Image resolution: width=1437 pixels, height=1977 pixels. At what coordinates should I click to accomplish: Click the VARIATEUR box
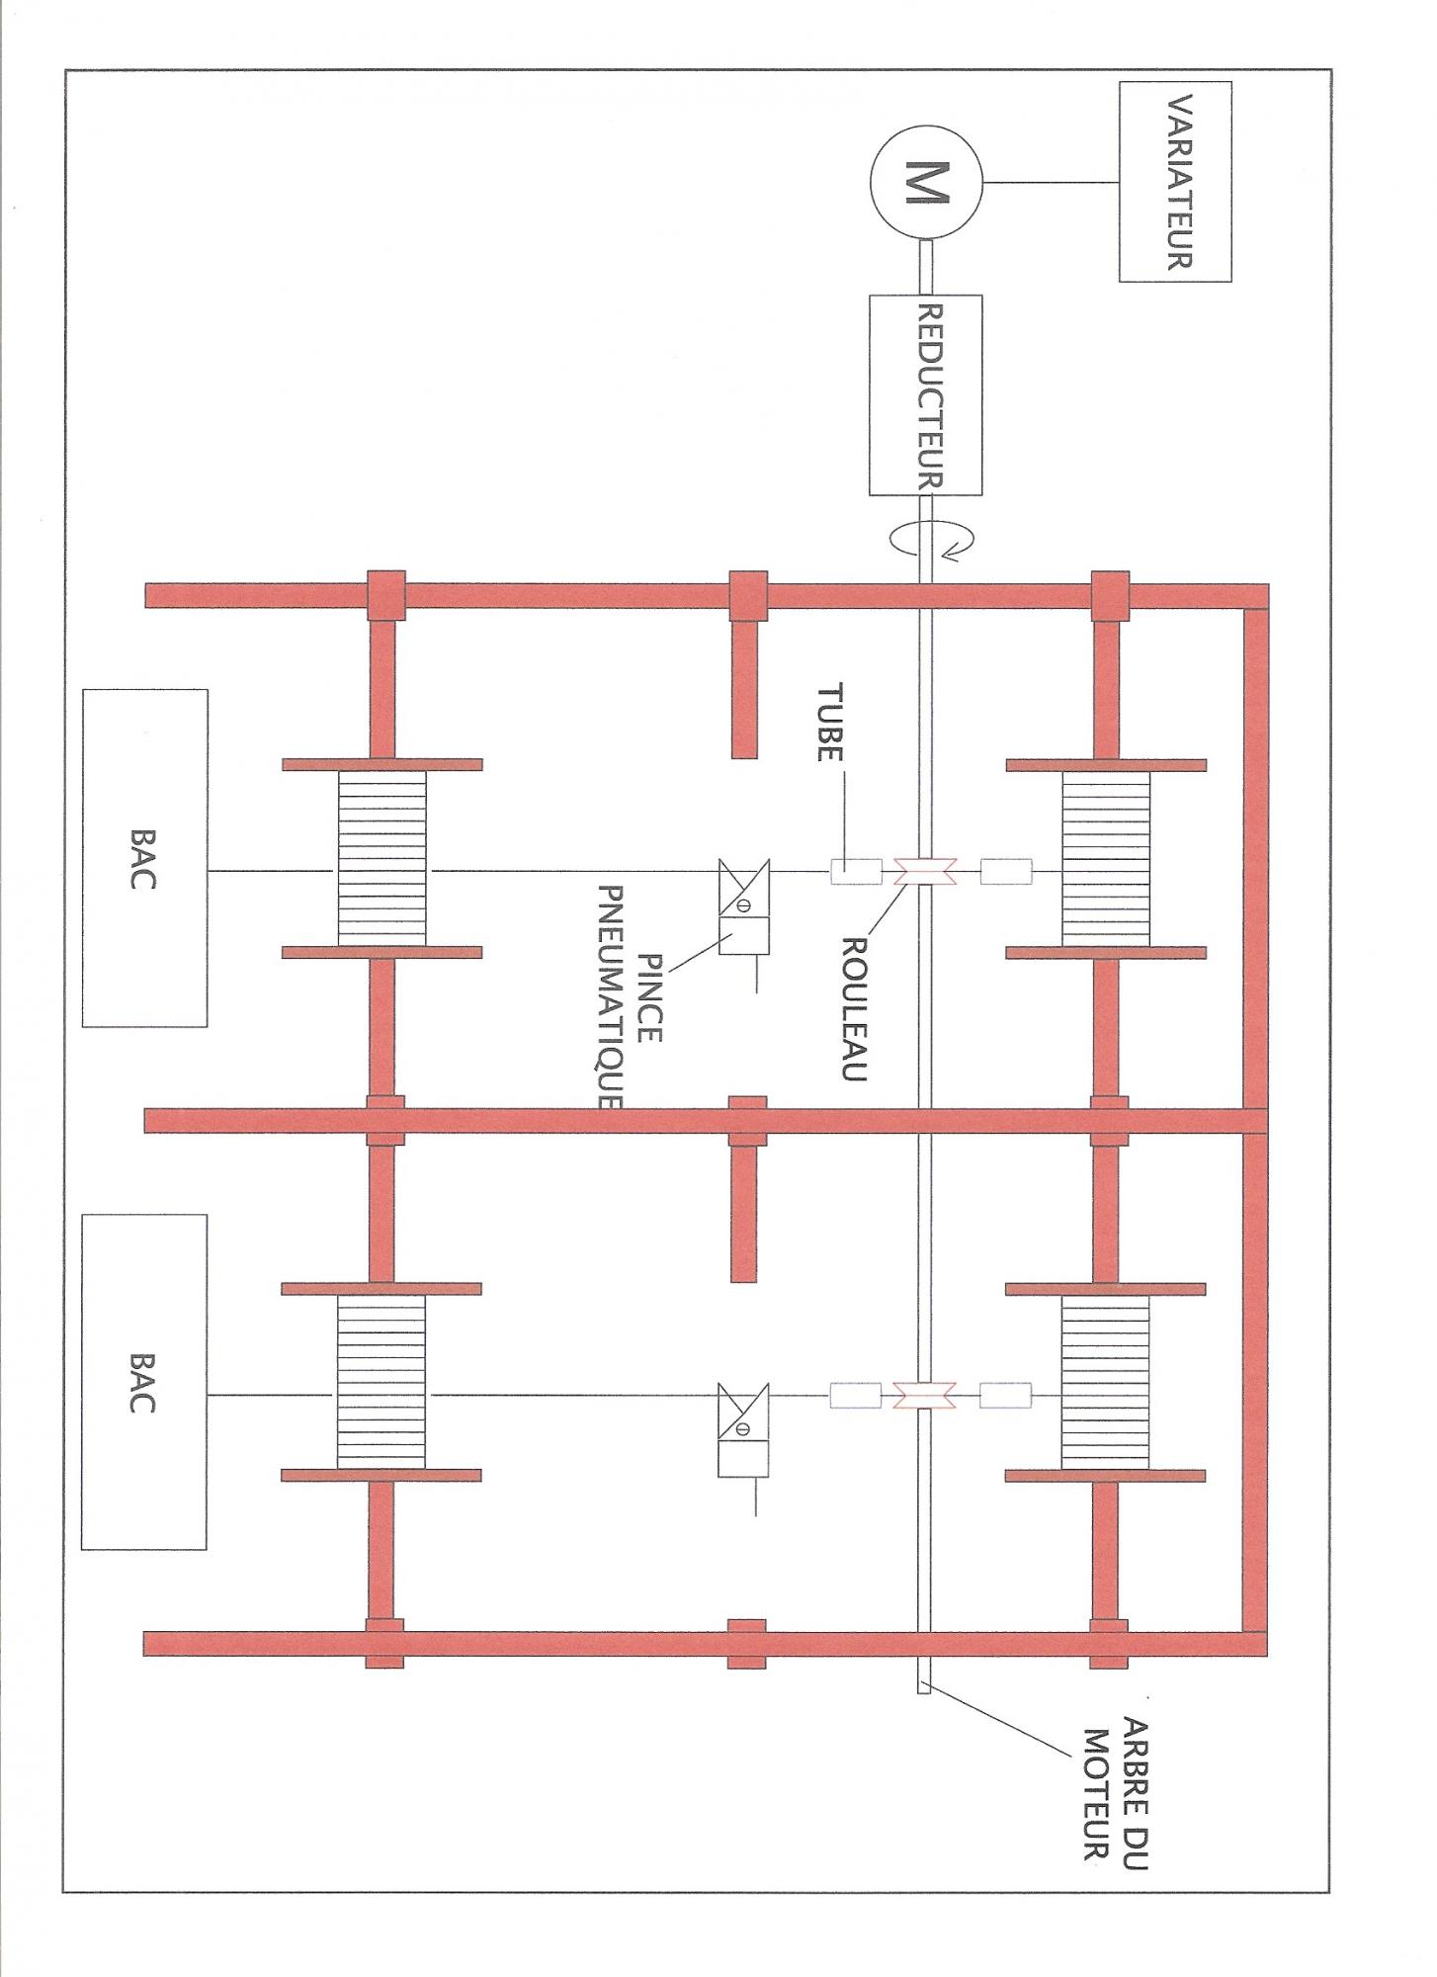[1175, 182]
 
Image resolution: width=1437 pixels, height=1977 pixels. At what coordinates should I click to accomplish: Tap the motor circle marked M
[925, 182]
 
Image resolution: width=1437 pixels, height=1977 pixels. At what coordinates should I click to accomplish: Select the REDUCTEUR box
[925, 394]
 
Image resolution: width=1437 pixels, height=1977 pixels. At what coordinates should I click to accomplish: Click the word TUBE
[828, 723]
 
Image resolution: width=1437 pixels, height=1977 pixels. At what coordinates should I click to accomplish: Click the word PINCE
[650, 998]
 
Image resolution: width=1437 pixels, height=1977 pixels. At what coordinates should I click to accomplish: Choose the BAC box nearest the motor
[145, 858]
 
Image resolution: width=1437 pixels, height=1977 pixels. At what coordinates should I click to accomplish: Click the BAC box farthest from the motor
[144, 1382]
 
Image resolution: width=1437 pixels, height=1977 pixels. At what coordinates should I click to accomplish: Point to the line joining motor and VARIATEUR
[1051, 182]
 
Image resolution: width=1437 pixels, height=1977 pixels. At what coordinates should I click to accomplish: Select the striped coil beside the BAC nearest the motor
[382, 858]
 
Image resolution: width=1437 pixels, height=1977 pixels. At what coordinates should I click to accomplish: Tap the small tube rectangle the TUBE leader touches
[856, 871]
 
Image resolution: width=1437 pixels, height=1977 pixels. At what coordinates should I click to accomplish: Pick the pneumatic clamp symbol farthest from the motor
[743, 1429]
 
